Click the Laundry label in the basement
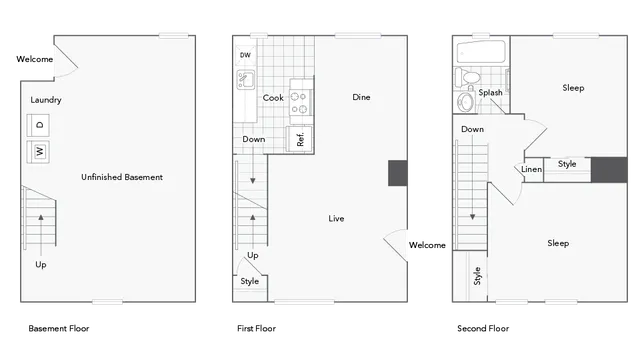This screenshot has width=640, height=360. click(x=47, y=100)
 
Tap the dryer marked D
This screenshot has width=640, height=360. click(x=40, y=126)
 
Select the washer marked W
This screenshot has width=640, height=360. click(x=40, y=152)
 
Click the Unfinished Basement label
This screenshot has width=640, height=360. click(x=122, y=177)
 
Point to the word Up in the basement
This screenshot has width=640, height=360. click(x=41, y=265)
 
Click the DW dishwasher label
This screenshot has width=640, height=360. click(x=245, y=55)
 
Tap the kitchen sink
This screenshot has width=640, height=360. click(x=247, y=80)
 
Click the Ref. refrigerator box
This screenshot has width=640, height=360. click(x=300, y=139)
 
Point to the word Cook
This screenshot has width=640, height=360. click(x=273, y=98)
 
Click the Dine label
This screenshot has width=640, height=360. click(x=362, y=97)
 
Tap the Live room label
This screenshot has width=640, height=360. click(x=337, y=217)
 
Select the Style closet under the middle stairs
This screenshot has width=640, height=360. click(x=250, y=281)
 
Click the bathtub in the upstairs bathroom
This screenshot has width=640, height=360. click(x=481, y=54)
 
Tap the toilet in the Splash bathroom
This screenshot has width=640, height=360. click(x=470, y=77)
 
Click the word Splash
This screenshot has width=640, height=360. click(x=490, y=93)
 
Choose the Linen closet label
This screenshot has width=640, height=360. click(x=531, y=169)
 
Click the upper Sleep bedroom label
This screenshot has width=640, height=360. click(x=572, y=88)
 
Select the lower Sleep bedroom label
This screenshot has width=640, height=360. click(x=558, y=243)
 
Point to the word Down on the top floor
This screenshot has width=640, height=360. click(x=473, y=129)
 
